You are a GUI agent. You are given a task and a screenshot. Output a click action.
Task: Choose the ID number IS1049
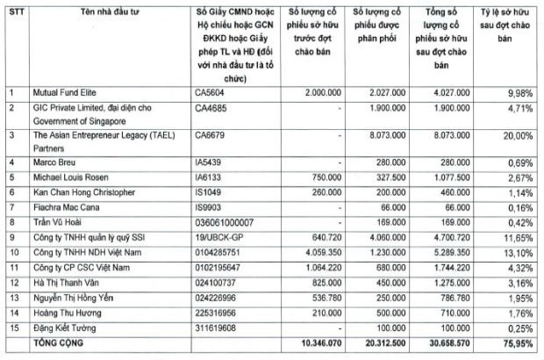211,191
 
